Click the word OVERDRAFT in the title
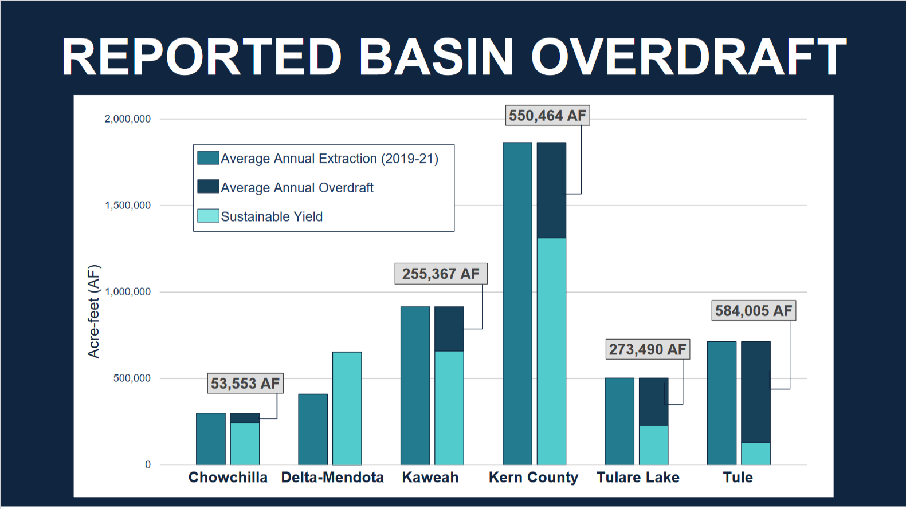coord(688,57)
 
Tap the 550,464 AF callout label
coord(548,116)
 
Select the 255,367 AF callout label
coord(441,274)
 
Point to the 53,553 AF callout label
coord(245,384)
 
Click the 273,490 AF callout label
coord(648,349)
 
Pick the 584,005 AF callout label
coord(754,311)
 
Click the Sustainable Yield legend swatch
coord(208,216)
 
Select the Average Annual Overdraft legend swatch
coord(208,186)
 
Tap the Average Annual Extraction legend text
coord(330,159)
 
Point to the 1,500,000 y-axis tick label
coord(128,205)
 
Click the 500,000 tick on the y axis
coord(132,378)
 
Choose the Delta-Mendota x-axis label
coord(332,478)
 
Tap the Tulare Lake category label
coord(638,478)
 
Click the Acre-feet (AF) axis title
coord(93,311)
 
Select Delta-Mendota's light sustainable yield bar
coord(347,408)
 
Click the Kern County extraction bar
coord(517,303)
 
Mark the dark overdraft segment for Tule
coord(755,392)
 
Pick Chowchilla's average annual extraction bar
coord(211,439)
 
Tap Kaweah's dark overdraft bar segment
coord(449,329)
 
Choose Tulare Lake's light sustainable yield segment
coord(654,445)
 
